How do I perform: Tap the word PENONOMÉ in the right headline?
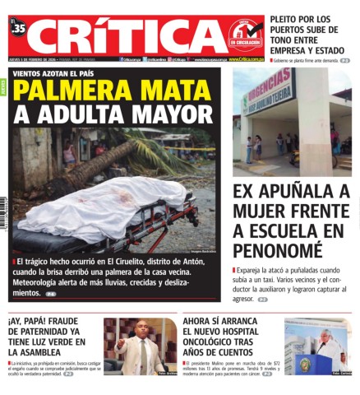tap(278, 251)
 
